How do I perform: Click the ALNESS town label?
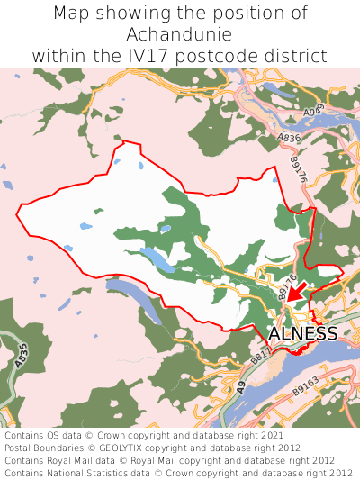tap(303, 334)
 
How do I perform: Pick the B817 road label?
tap(260, 358)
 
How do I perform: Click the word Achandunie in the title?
tap(180, 34)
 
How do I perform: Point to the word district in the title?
tap(301, 55)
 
